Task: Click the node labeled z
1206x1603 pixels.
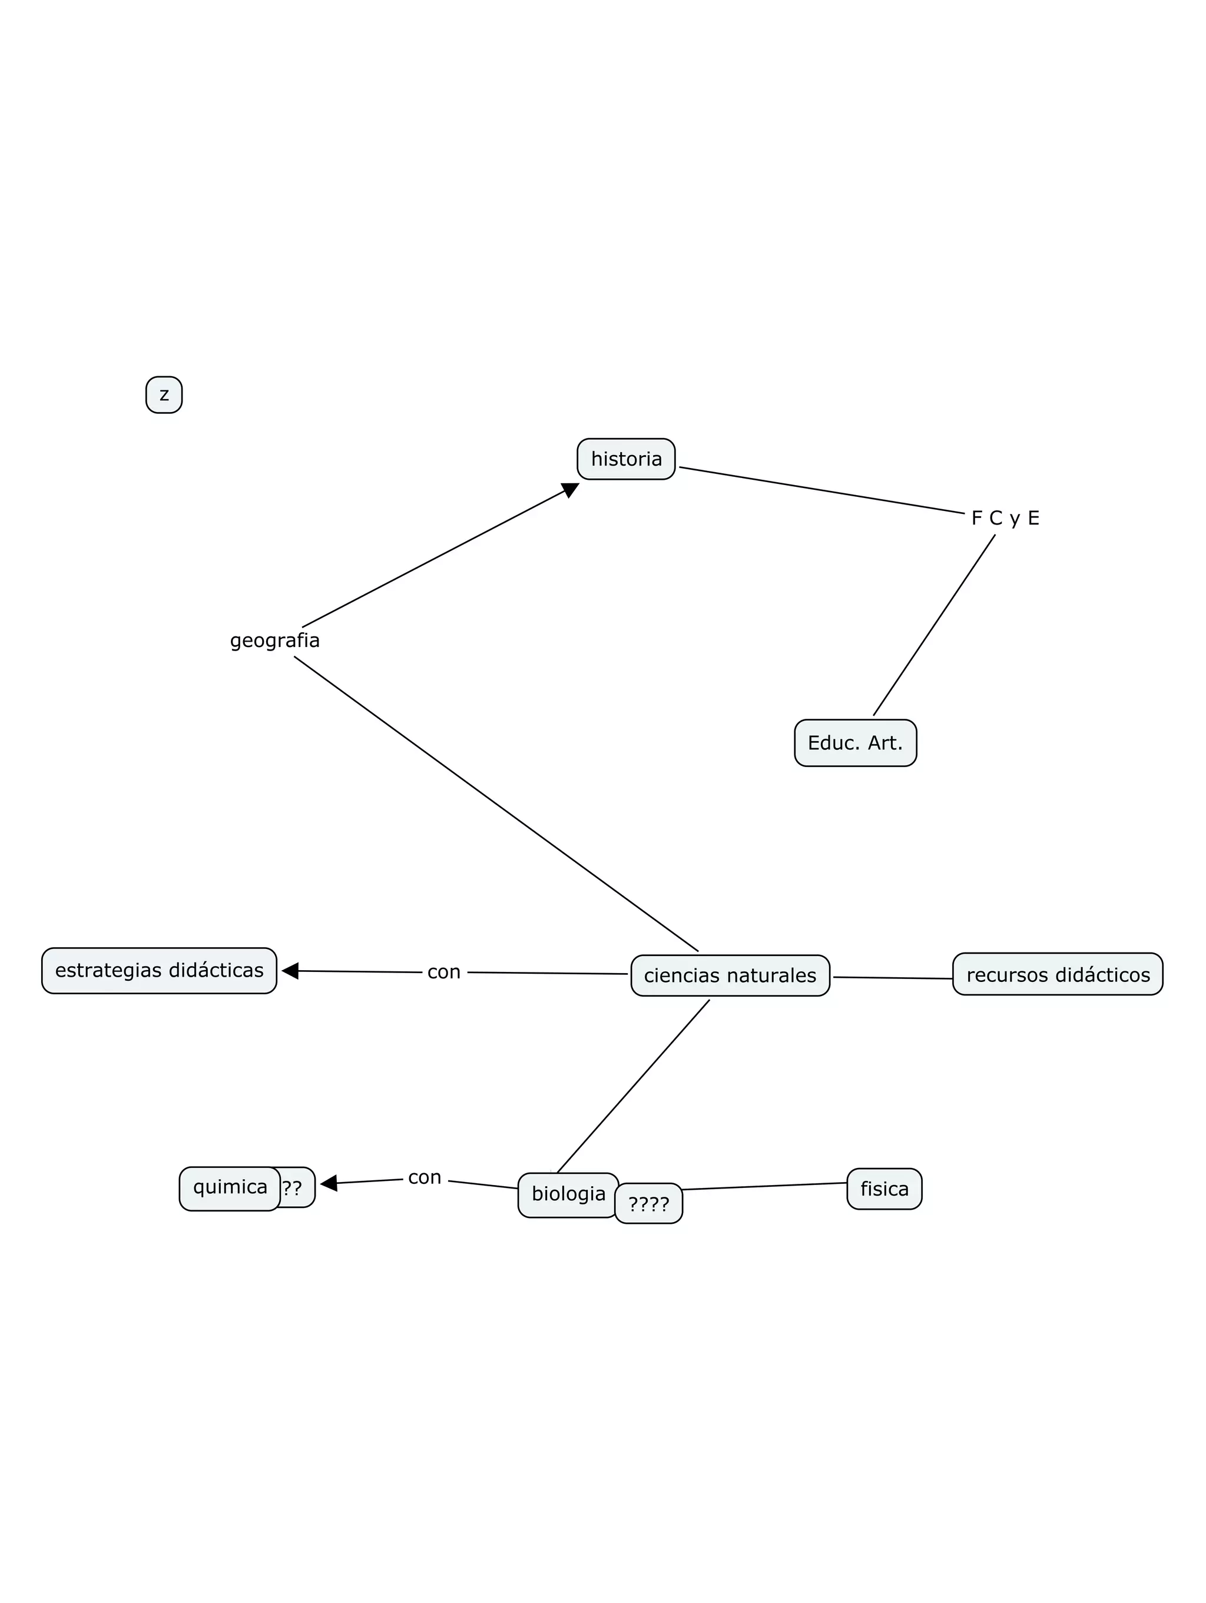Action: coord(164,395)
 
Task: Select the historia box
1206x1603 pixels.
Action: coord(626,459)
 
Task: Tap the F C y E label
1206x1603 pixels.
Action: coord(1005,518)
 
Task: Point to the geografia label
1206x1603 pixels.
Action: coord(274,640)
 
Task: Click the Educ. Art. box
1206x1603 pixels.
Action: coord(855,743)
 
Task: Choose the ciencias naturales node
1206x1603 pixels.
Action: coord(730,975)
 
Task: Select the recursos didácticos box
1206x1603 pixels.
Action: coord(1058,975)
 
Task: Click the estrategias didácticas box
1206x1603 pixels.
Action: coord(160,970)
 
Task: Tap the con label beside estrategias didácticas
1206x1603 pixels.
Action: coord(443,972)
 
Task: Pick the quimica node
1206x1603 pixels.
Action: coord(230,1187)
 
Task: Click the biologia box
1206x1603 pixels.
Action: coord(568,1193)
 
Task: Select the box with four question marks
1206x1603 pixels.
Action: coord(650,1205)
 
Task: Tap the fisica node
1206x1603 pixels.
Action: coord(884,1189)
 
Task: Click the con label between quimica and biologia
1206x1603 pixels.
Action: coord(425,1177)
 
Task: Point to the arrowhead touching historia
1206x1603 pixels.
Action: coord(571,490)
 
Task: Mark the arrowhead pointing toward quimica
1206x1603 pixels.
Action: coord(329,1183)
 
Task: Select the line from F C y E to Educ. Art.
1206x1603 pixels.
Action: coord(933,625)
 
